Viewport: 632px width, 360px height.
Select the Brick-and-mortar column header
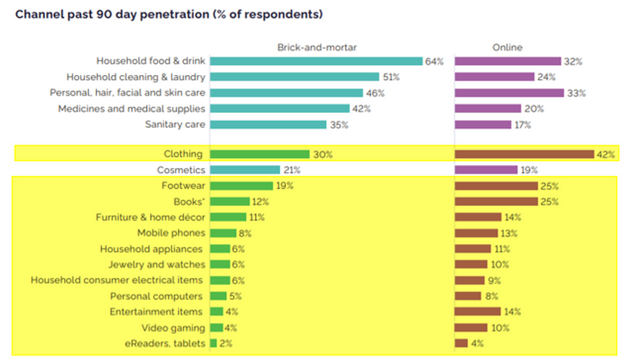[x=316, y=47]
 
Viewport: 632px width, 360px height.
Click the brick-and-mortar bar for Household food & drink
[x=316, y=61]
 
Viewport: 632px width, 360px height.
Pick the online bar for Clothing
[x=524, y=154]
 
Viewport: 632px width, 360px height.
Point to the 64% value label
[x=434, y=61]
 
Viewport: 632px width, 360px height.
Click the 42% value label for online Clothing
[x=606, y=154]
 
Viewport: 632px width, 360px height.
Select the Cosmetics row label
[x=181, y=170]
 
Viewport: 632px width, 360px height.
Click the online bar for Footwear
[x=496, y=186]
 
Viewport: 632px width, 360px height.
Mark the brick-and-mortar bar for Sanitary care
[x=268, y=124]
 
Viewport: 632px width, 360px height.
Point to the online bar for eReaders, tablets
[x=461, y=343]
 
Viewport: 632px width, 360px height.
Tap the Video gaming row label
[x=173, y=328]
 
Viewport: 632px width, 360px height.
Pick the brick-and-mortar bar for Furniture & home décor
[x=228, y=217]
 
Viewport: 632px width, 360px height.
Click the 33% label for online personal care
[x=576, y=92]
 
